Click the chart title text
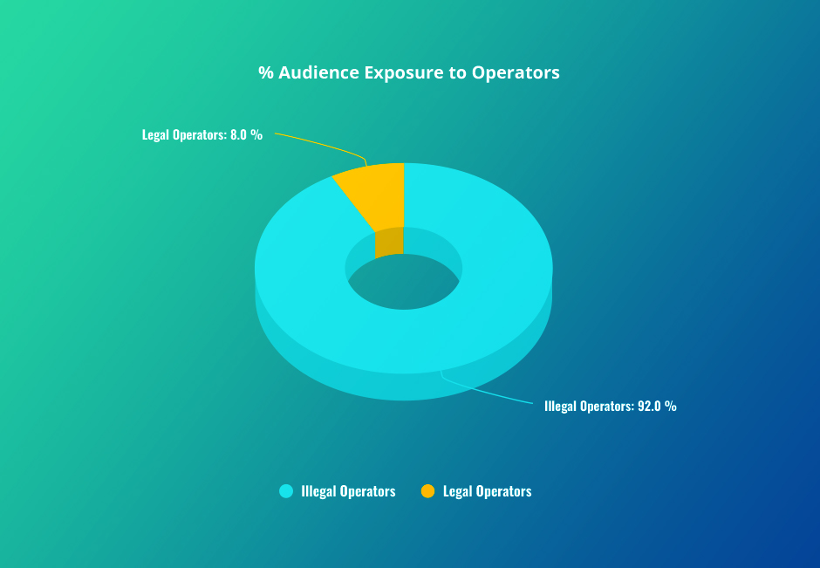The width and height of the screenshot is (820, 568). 408,72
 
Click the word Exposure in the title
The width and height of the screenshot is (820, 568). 404,72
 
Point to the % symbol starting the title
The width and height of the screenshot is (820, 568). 265,72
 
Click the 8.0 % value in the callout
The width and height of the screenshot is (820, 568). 246,135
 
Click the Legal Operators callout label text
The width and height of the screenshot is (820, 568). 183,135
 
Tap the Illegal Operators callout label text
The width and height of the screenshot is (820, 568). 584,406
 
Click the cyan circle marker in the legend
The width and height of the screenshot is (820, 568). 285,491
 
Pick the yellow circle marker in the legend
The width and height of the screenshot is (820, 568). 427,491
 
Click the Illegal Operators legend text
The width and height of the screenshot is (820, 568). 348,491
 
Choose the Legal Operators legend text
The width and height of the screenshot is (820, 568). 487,491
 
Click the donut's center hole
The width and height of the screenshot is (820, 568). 403,284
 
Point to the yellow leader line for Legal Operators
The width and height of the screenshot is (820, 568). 323,141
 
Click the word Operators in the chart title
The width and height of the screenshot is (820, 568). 516,72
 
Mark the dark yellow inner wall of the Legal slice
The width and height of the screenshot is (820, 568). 389,243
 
